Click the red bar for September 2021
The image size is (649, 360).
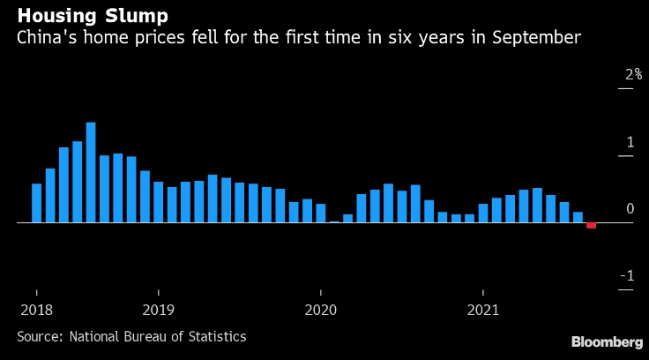pyautogui.click(x=591, y=226)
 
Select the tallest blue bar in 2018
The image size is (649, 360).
pyautogui.click(x=91, y=173)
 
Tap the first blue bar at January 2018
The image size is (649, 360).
pyautogui.click(x=37, y=203)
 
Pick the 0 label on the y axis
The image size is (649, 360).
pyautogui.click(x=630, y=209)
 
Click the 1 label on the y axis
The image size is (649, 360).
pyautogui.click(x=630, y=142)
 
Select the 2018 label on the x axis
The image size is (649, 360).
pyautogui.click(x=36, y=310)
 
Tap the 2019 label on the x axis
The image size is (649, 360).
pyautogui.click(x=159, y=310)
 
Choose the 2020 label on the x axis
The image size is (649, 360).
pyautogui.click(x=321, y=310)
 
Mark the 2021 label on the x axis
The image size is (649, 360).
pyautogui.click(x=483, y=310)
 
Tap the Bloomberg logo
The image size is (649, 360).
pyautogui.click(x=607, y=341)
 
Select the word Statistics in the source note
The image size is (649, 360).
pyautogui.click(x=218, y=336)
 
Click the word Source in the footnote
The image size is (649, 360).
pyautogui.click(x=39, y=336)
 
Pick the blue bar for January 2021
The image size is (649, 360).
pyautogui.click(x=483, y=214)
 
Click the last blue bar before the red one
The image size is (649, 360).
pyautogui.click(x=578, y=217)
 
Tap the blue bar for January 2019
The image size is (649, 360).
pyautogui.click(x=159, y=202)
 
